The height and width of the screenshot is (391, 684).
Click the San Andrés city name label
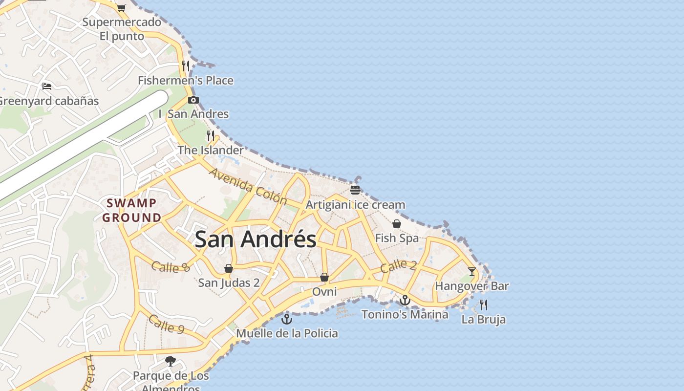256,239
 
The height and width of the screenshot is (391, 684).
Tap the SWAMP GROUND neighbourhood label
132,210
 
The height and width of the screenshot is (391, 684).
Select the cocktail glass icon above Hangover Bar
471,272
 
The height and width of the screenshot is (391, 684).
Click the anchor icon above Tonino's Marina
405,300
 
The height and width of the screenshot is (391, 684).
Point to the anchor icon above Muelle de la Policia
287,319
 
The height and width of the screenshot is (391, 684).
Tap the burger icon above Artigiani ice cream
355,190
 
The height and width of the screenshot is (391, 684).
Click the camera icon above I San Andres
193,100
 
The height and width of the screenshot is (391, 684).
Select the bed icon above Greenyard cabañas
47,87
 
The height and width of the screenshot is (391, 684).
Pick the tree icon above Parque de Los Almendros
171,361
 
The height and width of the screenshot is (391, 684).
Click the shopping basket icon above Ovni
324,278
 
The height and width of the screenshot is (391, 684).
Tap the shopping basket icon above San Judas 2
228,268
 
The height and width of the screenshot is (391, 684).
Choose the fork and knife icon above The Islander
211,135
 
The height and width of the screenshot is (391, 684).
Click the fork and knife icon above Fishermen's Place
185,65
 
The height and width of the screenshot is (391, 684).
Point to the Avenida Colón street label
248,186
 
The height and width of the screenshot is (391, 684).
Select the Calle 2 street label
398,266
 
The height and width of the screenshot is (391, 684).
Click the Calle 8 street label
170,267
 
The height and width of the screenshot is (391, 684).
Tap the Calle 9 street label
166,324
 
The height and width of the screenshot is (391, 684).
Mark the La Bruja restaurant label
484,320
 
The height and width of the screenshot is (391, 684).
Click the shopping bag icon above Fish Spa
397,224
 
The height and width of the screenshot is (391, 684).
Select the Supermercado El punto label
122,29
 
